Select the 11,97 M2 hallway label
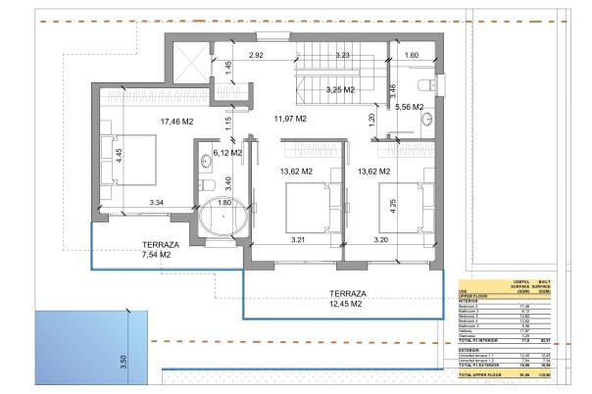click(x=289, y=119)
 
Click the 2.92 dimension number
click(x=258, y=56)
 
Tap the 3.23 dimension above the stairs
click(x=342, y=56)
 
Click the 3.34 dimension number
click(x=156, y=203)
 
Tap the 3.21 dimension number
click(x=299, y=238)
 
